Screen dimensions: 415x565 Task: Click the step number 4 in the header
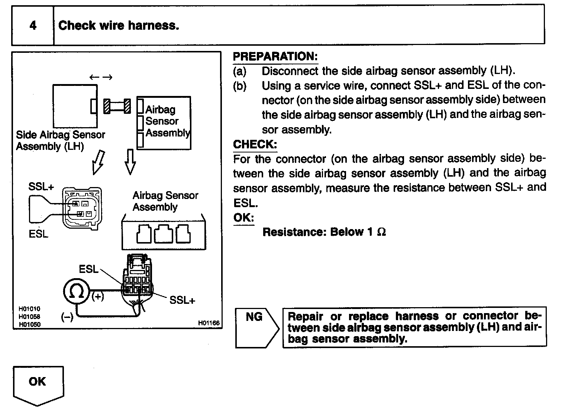point(33,25)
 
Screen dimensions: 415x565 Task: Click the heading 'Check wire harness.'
point(119,25)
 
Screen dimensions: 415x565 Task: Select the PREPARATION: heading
point(275,57)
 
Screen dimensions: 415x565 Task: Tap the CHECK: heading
point(255,144)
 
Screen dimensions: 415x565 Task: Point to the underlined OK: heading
point(243,218)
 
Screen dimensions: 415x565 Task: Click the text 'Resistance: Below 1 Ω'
point(324,232)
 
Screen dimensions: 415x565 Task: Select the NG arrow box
point(256,327)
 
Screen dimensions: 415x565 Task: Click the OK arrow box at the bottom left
point(38,385)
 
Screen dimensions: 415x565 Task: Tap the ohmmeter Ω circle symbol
point(76,292)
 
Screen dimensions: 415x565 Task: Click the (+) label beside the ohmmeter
point(97,296)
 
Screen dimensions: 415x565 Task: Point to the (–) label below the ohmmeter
point(67,317)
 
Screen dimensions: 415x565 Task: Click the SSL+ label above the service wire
point(41,187)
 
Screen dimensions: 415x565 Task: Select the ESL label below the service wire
point(38,234)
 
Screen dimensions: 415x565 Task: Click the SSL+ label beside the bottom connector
point(182,300)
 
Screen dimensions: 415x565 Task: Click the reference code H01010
point(29,309)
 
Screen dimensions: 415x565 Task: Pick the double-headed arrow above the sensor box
point(101,77)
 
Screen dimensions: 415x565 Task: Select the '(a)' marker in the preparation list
point(240,71)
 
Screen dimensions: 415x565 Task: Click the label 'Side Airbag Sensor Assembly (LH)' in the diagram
point(60,140)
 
